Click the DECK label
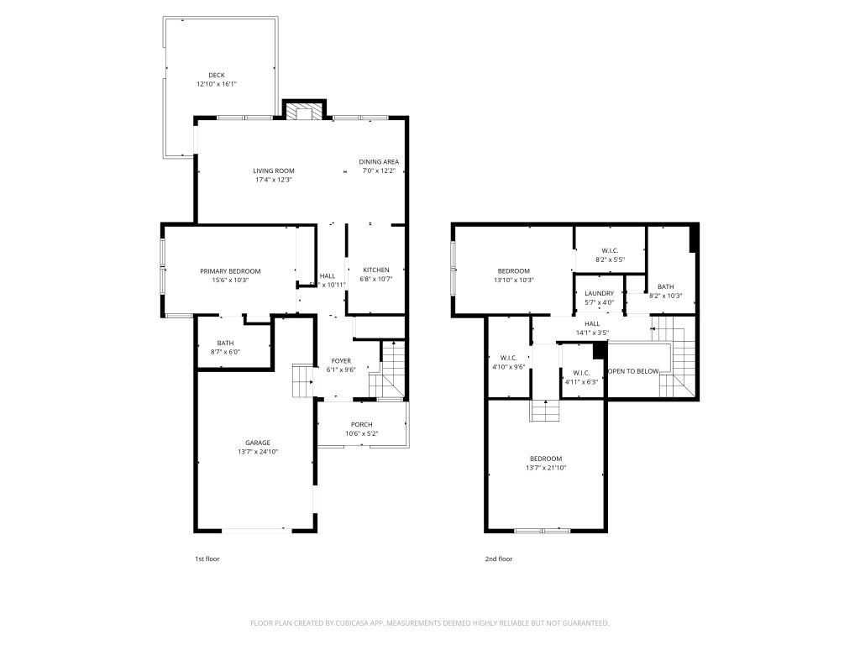point(217,75)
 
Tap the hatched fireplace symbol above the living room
point(304,112)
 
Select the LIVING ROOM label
point(274,170)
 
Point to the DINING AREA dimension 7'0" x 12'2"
point(379,170)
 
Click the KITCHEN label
point(376,270)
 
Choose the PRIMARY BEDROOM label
point(230,271)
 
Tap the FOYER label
point(341,361)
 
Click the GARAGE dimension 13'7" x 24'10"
point(258,452)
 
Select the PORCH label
point(362,424)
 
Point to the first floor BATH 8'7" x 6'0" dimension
point(225,352)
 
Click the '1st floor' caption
point(207,558)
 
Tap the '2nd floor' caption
point(499,558)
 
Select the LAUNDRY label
point(600,293)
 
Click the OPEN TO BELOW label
point(633,371)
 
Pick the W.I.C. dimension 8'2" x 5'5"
point(611,260)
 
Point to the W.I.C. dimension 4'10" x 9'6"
point(509,367)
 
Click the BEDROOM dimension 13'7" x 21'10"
point(546,468)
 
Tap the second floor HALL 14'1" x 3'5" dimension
point(592,333)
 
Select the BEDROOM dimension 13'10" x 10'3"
point(514,280)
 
